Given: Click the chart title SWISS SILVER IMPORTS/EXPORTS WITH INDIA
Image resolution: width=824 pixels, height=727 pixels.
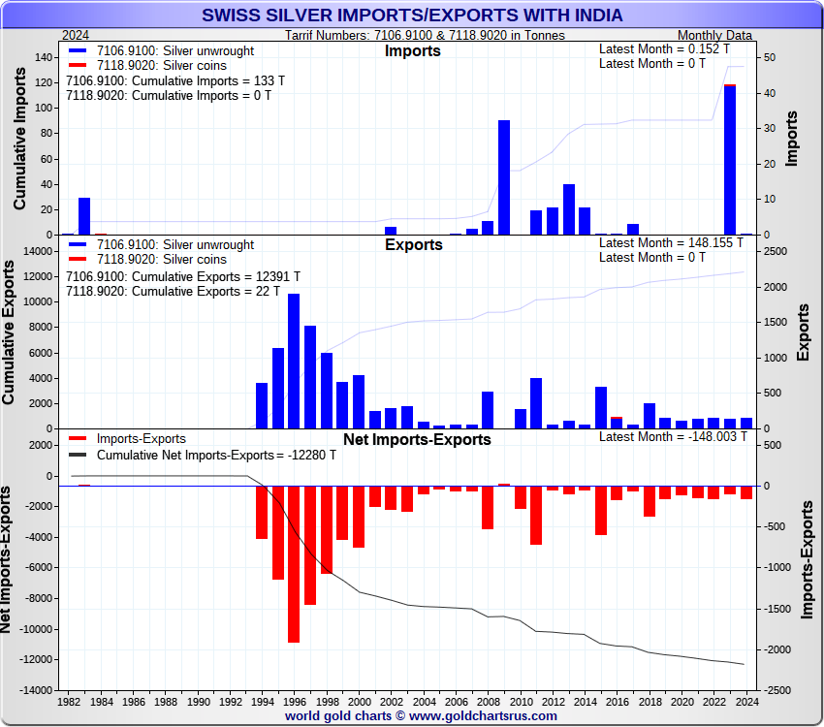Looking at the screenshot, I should point(412,16).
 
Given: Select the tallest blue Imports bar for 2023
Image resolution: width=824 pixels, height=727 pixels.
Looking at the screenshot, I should point(730,160).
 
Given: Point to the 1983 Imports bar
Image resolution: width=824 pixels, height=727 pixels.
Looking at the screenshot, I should point(84,216).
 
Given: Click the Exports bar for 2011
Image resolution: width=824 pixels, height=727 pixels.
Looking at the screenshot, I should point(536,403).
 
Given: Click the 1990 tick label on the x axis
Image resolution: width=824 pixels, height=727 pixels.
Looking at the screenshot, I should point(198,700).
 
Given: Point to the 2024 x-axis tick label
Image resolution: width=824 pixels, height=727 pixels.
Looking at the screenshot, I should point(745,700).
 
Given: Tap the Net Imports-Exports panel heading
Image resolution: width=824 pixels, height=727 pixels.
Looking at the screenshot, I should point(417,440).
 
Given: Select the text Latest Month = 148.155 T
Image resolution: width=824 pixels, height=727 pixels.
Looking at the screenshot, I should point(673,243).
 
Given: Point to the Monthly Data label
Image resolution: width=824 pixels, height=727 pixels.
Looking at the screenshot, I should point(713,35).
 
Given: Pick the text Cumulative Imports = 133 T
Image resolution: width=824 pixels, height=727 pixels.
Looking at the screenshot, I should point(169,80).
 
